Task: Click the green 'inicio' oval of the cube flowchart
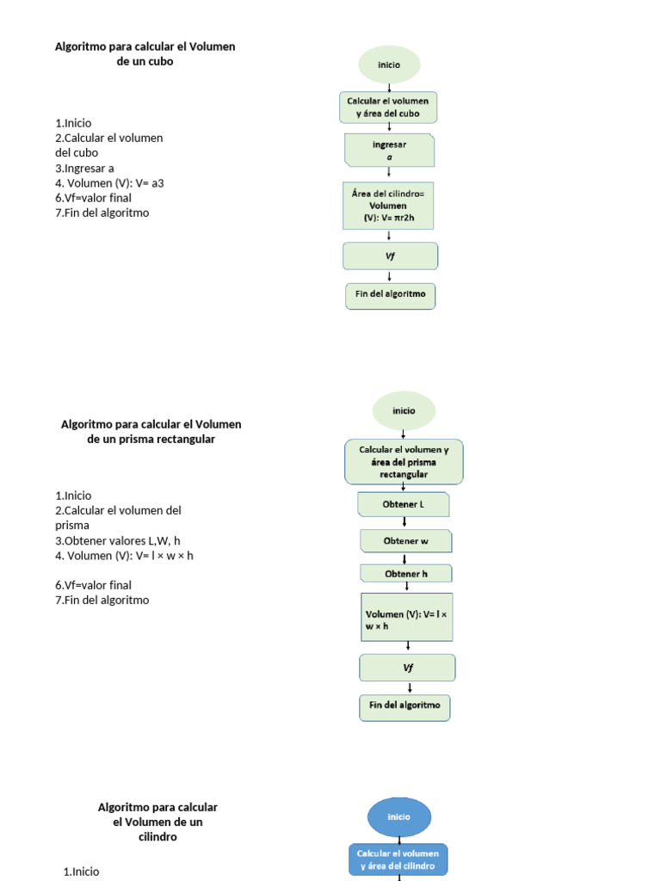389,65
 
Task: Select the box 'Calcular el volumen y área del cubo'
388,108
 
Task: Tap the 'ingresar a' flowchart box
389,151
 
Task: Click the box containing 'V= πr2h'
388,206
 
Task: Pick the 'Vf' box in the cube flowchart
390,256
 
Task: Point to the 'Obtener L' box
404,504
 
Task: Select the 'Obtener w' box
405,541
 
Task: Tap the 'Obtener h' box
405,574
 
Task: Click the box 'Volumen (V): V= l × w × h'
407,617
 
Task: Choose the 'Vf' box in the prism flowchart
408,668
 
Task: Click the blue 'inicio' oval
398,816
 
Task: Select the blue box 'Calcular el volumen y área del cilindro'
398,859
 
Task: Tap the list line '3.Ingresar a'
84,168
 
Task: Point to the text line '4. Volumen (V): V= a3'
109,182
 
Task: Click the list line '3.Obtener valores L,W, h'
118,540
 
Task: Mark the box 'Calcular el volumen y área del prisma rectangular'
404,462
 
